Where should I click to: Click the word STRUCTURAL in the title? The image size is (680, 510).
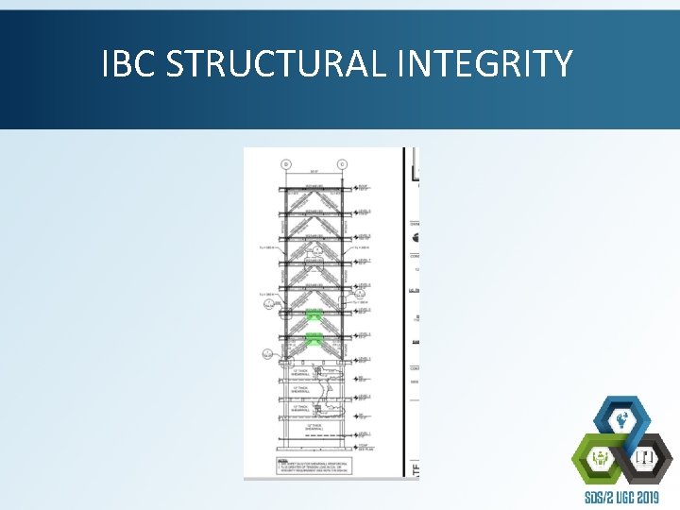[278, 64]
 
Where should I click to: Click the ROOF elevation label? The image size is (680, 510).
[363, 185]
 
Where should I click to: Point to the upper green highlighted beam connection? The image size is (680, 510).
[313, 313]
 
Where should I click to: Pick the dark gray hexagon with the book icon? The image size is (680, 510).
[647, 458]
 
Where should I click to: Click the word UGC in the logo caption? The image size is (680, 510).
[622, 497]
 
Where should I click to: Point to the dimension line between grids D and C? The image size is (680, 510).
[313, 173]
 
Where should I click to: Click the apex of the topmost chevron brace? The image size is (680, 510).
[313, 189]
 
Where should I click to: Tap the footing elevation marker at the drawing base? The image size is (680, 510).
[362, 447]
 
